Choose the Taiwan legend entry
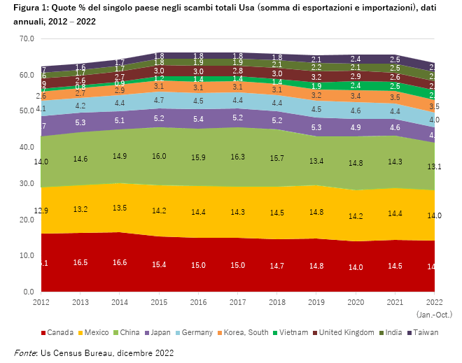pyautogui.click(x=426, y=332)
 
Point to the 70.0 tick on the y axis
pyautogui.click(x=27, y=38)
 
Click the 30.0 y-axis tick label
pyautogui.click(x=27, y=183)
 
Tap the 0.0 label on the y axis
pyautogui.click(x=29, y=292)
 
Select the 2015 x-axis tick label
pyautogui.click(x=158, y=303)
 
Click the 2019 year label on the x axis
pyautogui.click(x=316, y=303)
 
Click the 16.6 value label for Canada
pyautogui.click(x=119, y=262)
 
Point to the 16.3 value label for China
pyautogui.click(x=237, y=157)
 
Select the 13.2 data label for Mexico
pyautogui.click(x=80, y=209)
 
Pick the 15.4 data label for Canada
pyautogui.click(x=158, y=264)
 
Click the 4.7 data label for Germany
pyautogui.click(x=158, y=100)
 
